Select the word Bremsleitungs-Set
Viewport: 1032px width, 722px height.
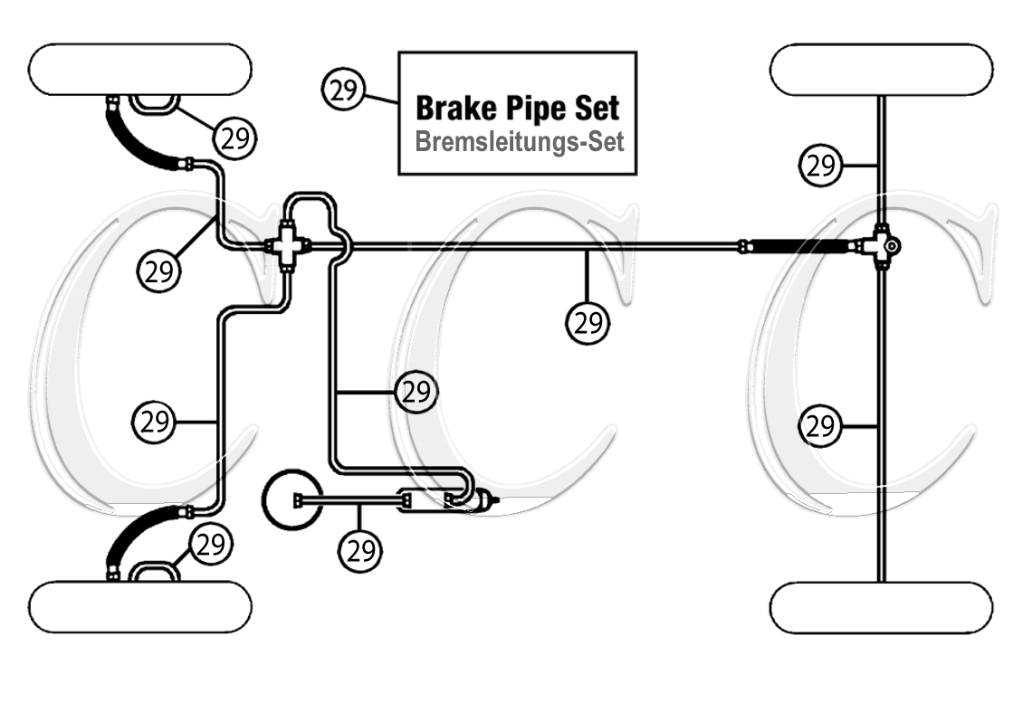coord(519,143)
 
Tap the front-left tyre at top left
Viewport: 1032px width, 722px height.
coord(140,69)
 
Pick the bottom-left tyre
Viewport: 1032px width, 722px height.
coord(140,607)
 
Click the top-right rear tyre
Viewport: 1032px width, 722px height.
coord(881,69)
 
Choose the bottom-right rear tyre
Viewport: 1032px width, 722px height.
coord(881,607)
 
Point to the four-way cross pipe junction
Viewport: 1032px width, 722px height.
coord(288,244)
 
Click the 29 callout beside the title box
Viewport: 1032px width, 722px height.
coord(343,90)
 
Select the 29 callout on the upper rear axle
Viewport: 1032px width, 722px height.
coord(820,166)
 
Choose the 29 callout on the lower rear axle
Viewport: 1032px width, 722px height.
coord(820,425)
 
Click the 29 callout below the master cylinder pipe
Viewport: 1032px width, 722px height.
coord(360,549)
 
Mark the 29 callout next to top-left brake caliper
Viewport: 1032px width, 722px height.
coord(234,138)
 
